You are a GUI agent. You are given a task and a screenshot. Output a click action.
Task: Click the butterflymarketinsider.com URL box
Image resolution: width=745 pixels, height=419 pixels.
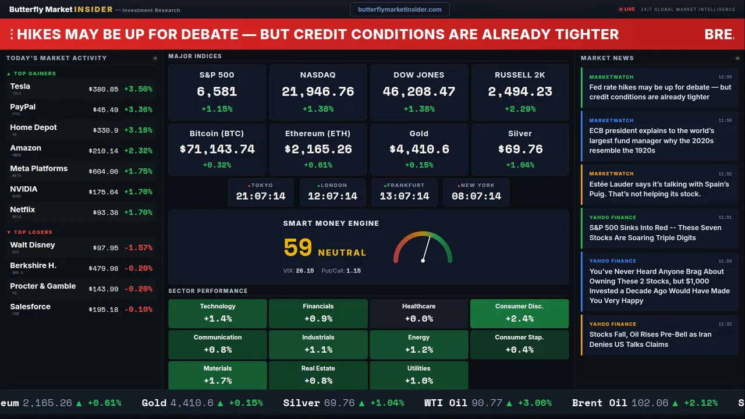coord(400,9)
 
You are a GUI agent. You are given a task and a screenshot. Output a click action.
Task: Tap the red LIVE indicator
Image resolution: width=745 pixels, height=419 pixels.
coord(628,9)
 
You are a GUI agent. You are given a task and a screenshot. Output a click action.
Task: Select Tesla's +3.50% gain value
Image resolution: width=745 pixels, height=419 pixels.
coord(139,89)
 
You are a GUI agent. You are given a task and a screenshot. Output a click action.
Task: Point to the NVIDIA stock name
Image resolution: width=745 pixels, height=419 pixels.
coord(24,189)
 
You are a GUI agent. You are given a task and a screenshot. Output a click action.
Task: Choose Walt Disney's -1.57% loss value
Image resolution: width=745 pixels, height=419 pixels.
coord(139,248)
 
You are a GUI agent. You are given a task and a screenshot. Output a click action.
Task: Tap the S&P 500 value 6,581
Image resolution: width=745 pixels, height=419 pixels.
coord(217,91)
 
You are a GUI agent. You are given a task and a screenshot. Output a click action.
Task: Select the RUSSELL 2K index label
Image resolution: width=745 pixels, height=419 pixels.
coord(520,75)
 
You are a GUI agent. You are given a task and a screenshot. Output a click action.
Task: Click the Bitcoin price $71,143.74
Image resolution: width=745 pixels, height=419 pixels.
coord(217,149)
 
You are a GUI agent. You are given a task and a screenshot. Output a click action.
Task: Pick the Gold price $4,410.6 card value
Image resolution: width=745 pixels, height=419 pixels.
coord(418,149)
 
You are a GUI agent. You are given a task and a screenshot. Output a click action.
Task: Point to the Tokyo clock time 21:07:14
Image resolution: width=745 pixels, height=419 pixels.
coord(261,196)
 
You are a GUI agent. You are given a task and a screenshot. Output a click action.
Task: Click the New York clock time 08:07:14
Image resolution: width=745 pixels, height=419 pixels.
coord(476,196)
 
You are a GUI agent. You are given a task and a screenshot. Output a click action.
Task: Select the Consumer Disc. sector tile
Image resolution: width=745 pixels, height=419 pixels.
coord(519,313)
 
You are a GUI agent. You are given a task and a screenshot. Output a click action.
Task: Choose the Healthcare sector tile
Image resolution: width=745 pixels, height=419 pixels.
coord(418,313)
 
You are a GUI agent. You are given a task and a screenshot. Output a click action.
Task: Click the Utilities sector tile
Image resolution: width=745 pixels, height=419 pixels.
coord(418,375)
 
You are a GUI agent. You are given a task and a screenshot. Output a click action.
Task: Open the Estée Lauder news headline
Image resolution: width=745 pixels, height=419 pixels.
coord(659,189)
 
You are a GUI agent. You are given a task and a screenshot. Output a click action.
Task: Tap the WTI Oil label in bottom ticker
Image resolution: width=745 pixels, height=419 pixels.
coord(446,403)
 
